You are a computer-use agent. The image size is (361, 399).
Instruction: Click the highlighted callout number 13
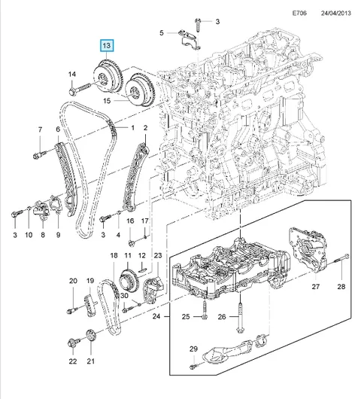pyautogui.click(x=107, y=46)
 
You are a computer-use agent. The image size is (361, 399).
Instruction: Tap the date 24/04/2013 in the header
pyautogui.click(x=336, y=13)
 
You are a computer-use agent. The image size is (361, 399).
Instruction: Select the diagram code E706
pyautogui.click(x=299, y=13)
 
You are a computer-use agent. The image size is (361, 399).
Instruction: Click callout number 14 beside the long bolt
pyautogui.click(x=72, y=75)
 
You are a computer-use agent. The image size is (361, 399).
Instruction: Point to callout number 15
pyautogui.click(x=107, y=101)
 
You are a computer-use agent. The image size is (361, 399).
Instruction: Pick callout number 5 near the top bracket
pyautogui.click(x=162, y=33)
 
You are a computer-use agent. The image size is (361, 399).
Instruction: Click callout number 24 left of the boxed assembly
pyautogui.click(x=156, y=316)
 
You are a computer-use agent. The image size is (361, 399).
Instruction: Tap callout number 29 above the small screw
pyautogui.click(x=193, y=349)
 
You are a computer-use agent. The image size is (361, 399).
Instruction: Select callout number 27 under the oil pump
pyautogui.click(x=315, y=287)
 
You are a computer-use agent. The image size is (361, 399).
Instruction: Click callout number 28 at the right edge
pyautogui.click(x=341, y=287)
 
